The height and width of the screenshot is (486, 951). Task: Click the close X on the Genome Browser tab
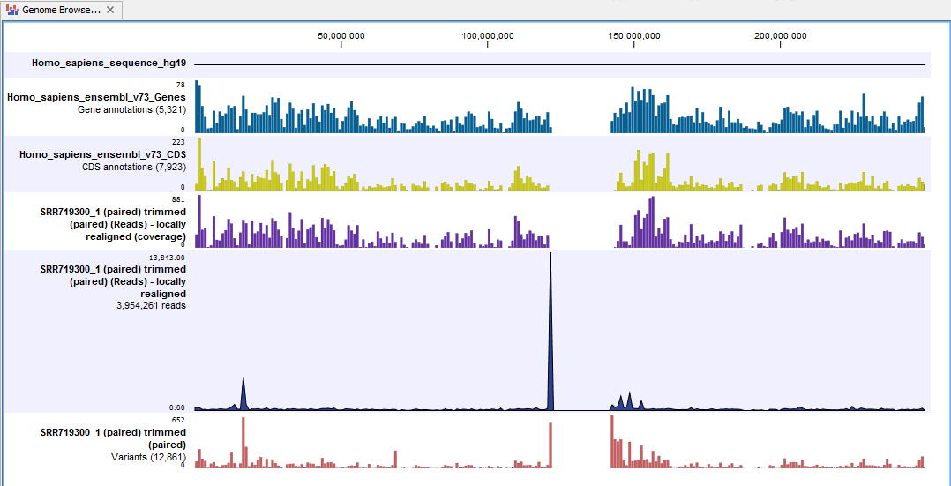(x=109, y=10)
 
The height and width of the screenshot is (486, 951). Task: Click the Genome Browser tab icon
(x=12, y=10)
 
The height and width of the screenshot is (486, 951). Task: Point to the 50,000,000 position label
(x=341, y=36)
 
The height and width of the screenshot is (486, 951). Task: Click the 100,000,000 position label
(x=487, y=36)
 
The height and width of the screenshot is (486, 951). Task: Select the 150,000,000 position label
(x=633, y=36)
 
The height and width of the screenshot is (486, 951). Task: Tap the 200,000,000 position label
(x=780, y=36)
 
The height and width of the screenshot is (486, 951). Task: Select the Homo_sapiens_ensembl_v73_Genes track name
(x=96, y=97)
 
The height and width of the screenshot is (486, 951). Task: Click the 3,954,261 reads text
(x=149, y=306)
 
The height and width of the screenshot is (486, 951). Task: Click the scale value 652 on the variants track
(x=177, y=421)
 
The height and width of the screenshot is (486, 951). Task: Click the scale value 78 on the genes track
(x=180, y=85)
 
